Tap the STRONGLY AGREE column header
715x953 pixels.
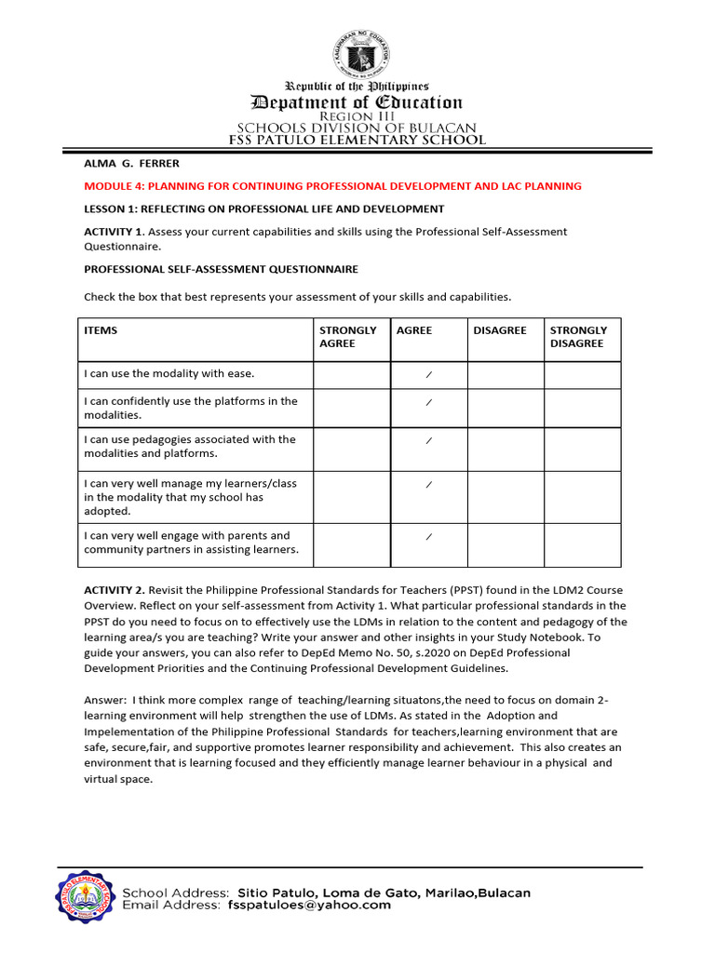[x=348, y=337]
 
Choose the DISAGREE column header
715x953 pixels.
[x=500, y=330]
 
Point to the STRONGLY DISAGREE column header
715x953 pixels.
[x=578, y=337]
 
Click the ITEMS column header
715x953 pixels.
[x=101, y=330]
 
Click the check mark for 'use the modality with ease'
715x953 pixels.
[x=428, y=374]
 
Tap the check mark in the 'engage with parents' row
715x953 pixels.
[x=428, y=537]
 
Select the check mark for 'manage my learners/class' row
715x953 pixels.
[x=428, y=485]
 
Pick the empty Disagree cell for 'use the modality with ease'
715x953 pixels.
[x=505, y=375]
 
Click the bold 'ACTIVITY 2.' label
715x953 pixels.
[x=115, y=590]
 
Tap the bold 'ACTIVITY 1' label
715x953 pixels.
[x=113, y=232]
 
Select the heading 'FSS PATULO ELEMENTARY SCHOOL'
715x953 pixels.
[x=357, y=140]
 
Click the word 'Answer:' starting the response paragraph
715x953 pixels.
[x=106, y=700]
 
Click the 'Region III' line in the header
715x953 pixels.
[x=357, y=115]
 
